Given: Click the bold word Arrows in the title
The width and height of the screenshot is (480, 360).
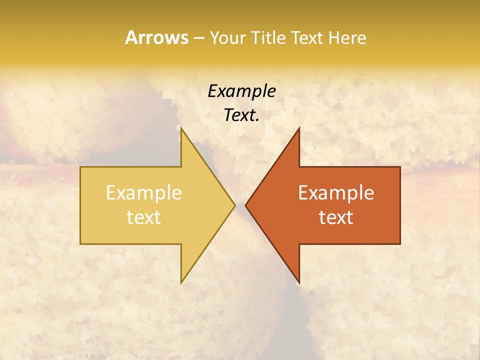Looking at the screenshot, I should click(x=156, y=37).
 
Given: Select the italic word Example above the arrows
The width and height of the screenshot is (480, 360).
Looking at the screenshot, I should click(x=241, y=91).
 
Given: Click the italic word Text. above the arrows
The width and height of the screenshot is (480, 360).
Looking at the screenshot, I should click(x=241, y=115).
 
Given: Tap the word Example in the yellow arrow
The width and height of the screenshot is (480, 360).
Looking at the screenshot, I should click(x=144, y=193).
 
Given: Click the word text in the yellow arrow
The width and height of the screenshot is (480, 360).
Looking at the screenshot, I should click(x=144, y=217).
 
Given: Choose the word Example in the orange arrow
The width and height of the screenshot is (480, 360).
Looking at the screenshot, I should click(x=336, y=193).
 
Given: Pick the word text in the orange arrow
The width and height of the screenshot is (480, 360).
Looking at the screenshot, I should click(x=336, y=217).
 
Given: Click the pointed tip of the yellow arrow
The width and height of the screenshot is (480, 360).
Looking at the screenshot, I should click(x=235, y=205).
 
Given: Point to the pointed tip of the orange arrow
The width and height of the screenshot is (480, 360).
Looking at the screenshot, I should click(x=245, y=205).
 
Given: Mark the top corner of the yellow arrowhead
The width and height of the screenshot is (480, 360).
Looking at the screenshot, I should click(x=181, y=128).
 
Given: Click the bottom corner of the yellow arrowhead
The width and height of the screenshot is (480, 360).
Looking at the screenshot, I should click(x=181, y=283).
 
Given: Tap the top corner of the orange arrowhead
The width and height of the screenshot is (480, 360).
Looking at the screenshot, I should click(x=299, y=128).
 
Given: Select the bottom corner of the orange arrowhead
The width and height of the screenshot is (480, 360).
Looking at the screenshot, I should click(x=299, y=283).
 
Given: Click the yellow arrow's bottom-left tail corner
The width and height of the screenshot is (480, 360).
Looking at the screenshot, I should click(x=80, y=244).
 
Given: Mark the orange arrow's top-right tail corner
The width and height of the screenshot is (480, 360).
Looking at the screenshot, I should click(x=400, y=167).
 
